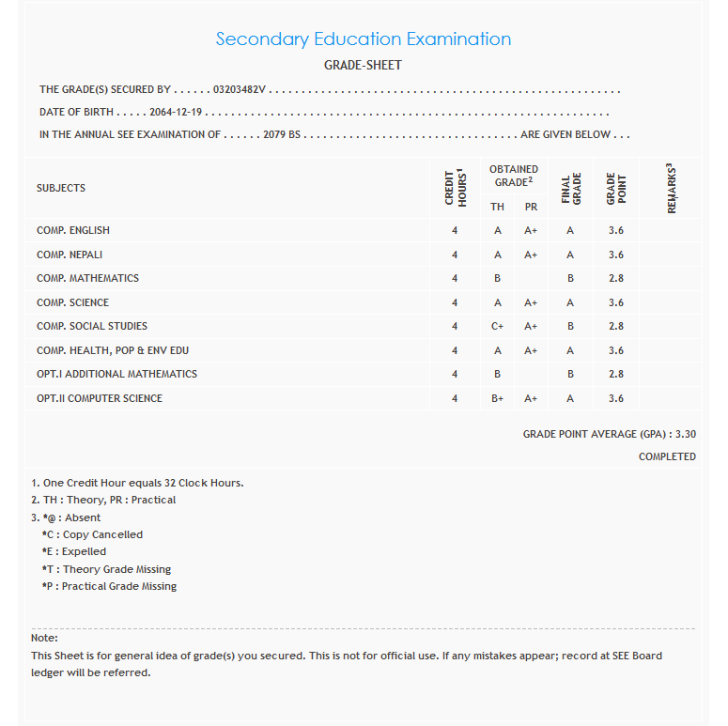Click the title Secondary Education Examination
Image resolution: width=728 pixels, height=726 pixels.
[364, 39]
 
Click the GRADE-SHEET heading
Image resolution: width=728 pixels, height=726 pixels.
[364, 66]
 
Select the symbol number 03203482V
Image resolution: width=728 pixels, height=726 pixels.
[240, 90]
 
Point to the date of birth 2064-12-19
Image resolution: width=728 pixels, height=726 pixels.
[176, 113]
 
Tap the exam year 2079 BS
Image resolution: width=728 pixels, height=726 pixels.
[282, 135]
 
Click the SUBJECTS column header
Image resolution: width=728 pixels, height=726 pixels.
[61, 188]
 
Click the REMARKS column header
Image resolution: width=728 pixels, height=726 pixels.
[672, 188]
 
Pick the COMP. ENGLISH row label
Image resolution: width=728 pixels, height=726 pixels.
[73, 230]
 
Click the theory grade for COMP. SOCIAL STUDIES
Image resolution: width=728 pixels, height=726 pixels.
[498, 326]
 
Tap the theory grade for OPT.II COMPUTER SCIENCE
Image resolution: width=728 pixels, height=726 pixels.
[498, 398]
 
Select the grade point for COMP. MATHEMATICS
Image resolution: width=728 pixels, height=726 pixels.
[615, 278]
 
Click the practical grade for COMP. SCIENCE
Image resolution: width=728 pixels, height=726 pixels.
[531, 302]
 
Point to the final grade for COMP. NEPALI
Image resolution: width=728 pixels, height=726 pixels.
[570, 255]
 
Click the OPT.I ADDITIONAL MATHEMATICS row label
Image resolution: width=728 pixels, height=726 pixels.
[116, 374]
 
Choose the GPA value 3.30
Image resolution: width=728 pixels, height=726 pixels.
[686, 435]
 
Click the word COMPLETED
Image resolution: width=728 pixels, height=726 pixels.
[667, 456]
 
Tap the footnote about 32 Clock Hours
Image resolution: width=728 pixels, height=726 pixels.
[137, 483]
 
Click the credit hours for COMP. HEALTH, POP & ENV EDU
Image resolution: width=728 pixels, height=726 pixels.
[455, 350]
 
